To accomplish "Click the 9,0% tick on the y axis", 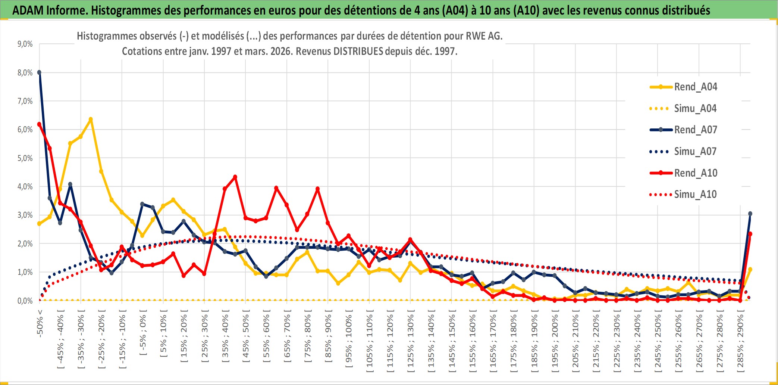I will tap(25, 44).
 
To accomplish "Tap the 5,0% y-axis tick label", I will tap(25, 158).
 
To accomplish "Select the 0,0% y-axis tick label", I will tap(25, 301).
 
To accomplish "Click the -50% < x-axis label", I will tap(40, 323).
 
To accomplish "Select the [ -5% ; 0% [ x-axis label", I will tap(143, 335).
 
